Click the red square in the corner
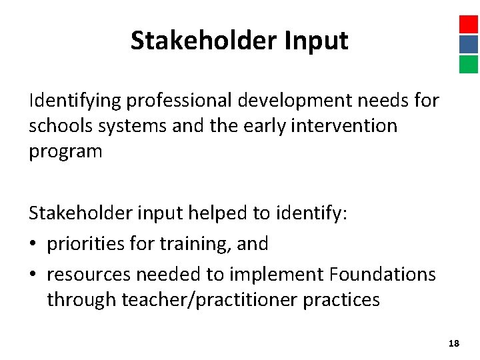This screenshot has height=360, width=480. (x=469, y=25)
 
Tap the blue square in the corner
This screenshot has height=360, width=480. (x=469, y=45)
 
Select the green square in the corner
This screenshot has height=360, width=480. (x=469, y=64)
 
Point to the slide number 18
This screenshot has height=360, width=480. (x=454, y=343)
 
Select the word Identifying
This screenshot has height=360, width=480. (x=75, y=101)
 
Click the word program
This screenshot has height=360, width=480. (x=65, y=151)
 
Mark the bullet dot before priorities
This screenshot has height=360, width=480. (x=34, y=244)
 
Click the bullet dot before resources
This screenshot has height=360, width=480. (x=34, y=274)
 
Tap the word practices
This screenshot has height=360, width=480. (x=341, y=300)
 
